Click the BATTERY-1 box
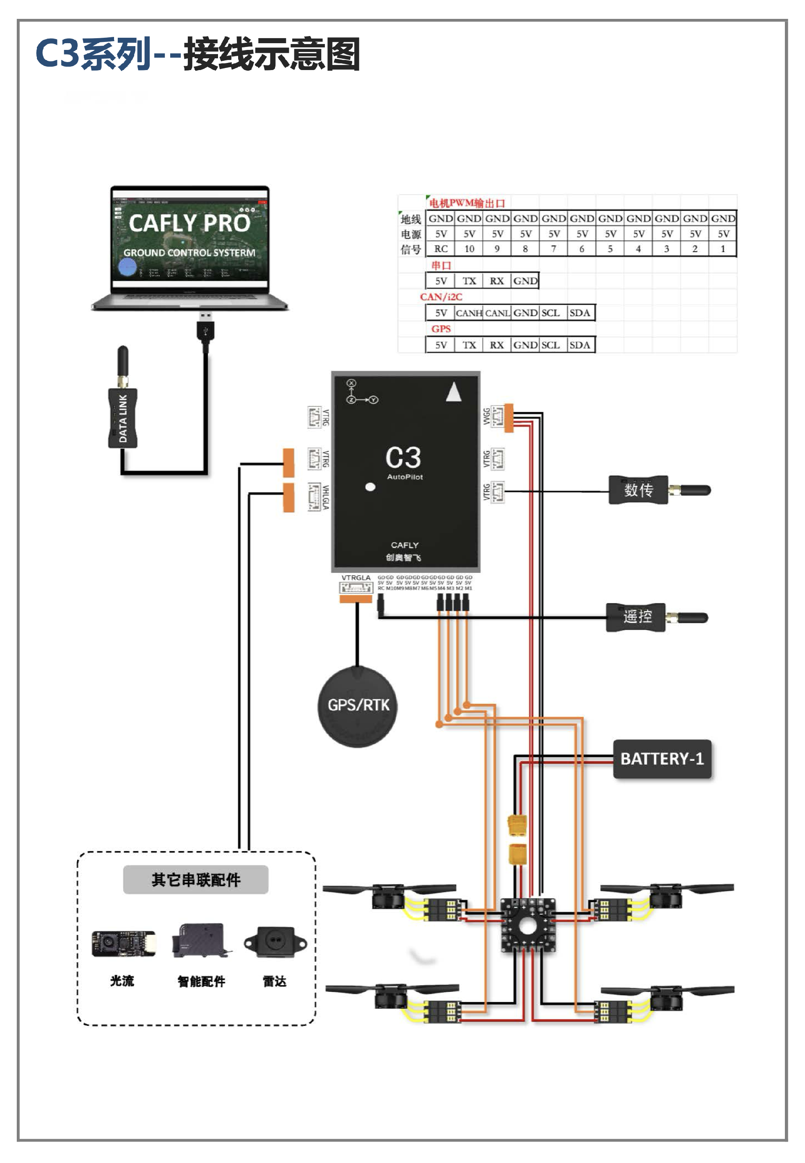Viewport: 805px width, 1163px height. coord(662,759)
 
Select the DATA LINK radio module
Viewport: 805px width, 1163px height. coord(122,418)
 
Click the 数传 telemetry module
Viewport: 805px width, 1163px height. coord(638,489)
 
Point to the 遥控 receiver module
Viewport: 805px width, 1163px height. coord(636,617)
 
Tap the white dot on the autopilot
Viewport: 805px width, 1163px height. coord(370,487)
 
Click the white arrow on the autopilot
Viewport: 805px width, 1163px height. coord(454,392)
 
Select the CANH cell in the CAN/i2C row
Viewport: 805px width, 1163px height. coord(469,313)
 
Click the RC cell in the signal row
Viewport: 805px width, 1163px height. coord(440,249)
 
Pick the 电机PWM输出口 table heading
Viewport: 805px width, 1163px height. coord(467,203)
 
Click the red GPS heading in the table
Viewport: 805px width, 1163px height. coord(440,328)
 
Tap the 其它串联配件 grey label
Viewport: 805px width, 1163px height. coord(196,879)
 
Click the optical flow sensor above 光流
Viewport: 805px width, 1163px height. coord(123,943)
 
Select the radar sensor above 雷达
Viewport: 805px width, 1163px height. coord(275,942)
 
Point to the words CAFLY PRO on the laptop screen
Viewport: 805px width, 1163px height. coord(189,223)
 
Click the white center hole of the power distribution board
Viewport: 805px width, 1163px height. coord(527,925)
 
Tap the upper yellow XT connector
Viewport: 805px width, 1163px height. coord(517,825)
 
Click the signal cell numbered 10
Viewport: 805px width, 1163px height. coord(469,249)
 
